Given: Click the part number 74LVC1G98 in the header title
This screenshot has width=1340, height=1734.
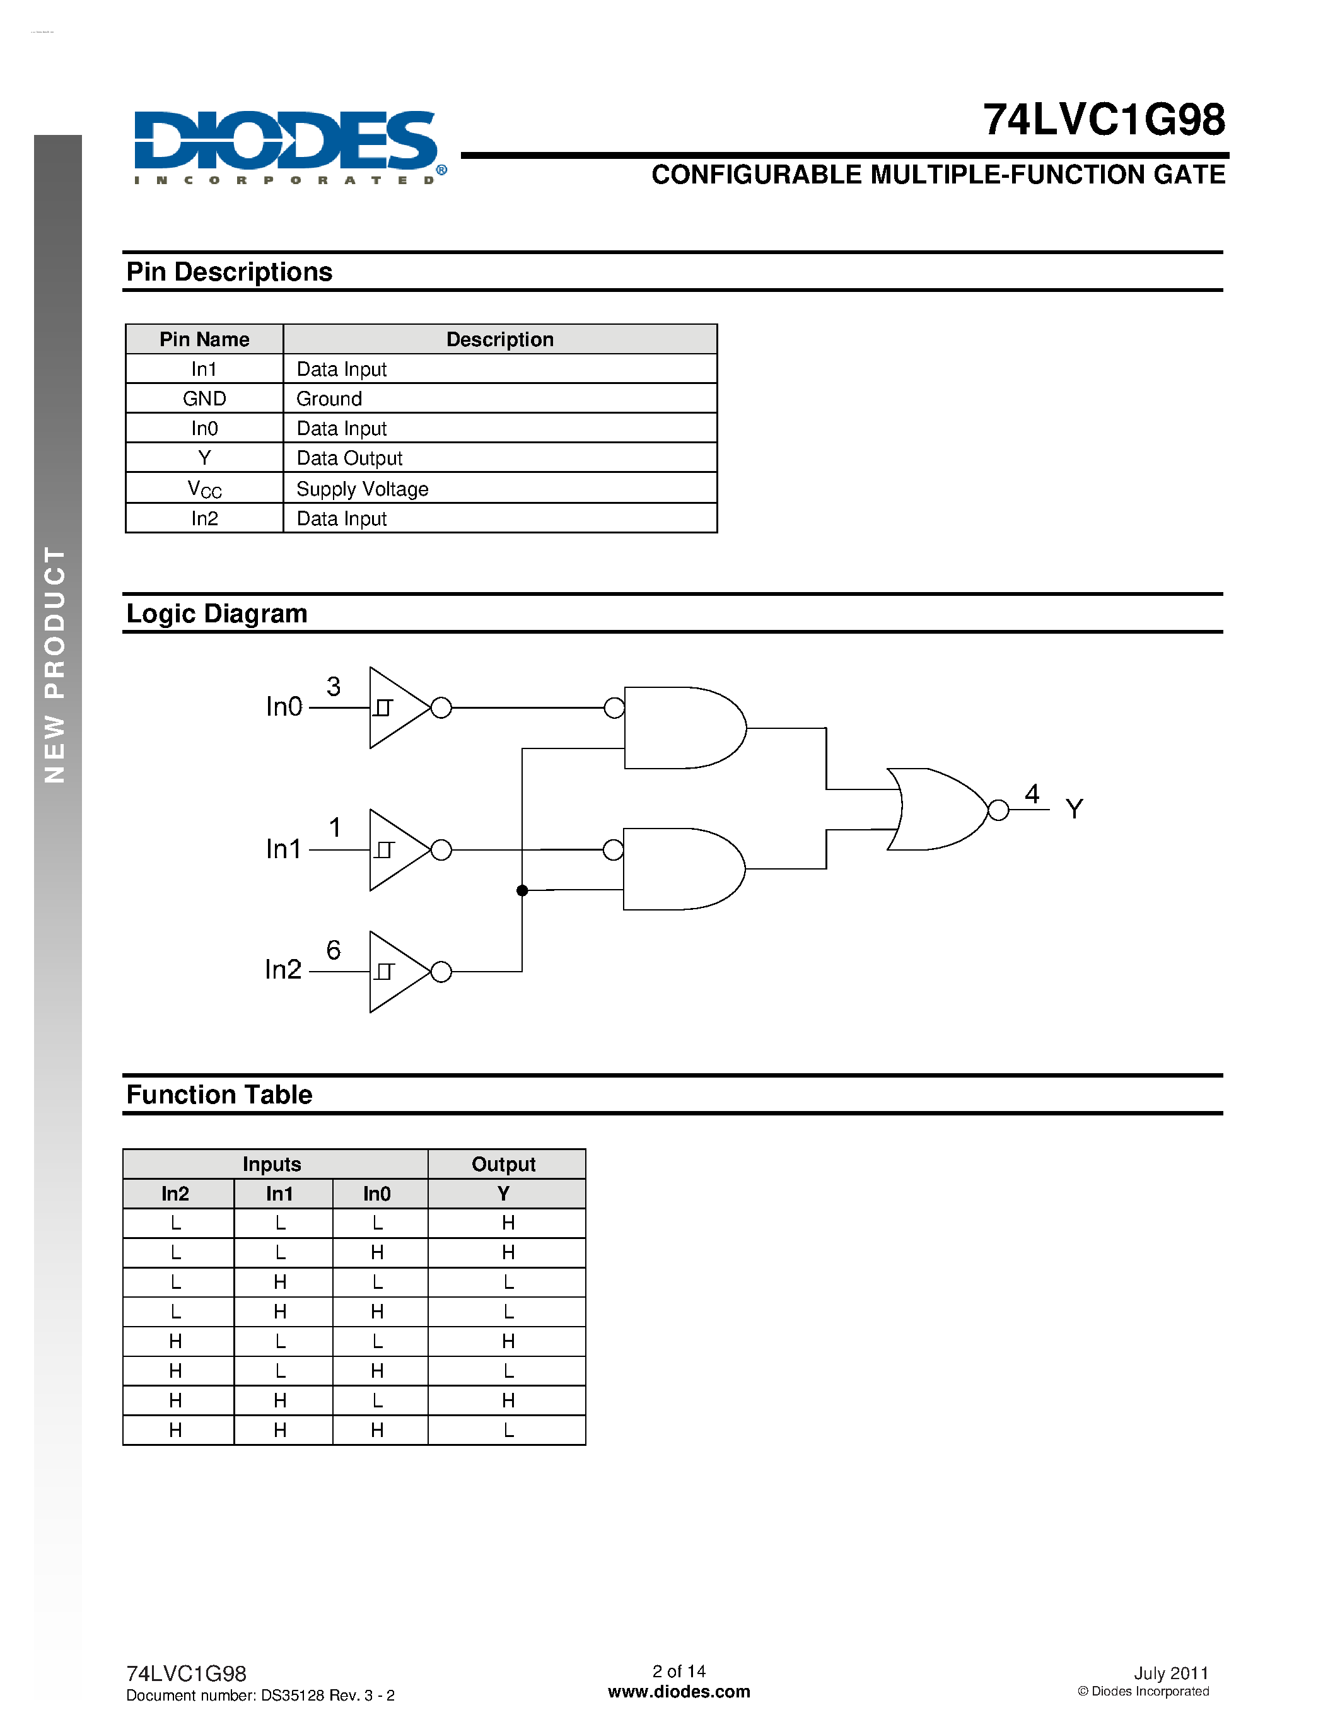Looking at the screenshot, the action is [x=1104, y=120].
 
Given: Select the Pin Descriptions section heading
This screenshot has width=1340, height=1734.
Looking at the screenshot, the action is [x=230, y=272].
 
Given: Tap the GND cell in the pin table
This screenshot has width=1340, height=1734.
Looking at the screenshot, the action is [x=204, y=399].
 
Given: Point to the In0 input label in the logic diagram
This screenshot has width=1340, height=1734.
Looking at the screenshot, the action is [x=283, y=707].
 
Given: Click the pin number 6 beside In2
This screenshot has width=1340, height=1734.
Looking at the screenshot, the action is [x=334, y=950].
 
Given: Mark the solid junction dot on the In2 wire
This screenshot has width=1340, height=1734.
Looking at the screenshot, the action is [x=522, y=891].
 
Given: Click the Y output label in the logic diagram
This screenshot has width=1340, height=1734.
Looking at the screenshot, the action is [x=1074, y=809].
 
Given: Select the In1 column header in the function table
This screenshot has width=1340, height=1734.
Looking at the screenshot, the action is [x=279, y=1194].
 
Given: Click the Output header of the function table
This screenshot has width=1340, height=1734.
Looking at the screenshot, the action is [x=503, y=1164].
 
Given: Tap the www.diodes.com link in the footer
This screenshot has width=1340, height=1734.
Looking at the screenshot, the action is [x=679, y=1692].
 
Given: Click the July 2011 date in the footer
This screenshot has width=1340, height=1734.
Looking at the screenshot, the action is [x=1170, y=1673].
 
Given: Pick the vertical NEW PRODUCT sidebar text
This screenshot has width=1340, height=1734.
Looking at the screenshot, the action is [x=55, y=665].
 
